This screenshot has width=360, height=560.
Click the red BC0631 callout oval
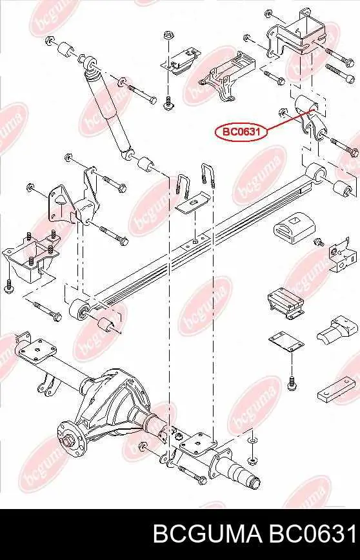click(241, 132)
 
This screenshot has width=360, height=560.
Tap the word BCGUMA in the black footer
click(207, 534)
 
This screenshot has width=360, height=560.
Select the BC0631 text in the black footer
click(312, 534)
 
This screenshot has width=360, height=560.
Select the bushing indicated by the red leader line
click(307, 104)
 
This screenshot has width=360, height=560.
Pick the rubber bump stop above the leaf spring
click(295, 228)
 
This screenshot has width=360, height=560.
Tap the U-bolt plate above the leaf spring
click(193, 203)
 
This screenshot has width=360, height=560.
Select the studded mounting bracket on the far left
click(30, 257)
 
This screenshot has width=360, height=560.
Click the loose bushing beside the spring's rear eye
click(345, 189)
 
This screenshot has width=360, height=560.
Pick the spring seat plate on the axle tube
click(198, 445)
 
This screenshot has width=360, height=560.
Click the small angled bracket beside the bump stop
click(343, 255)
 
